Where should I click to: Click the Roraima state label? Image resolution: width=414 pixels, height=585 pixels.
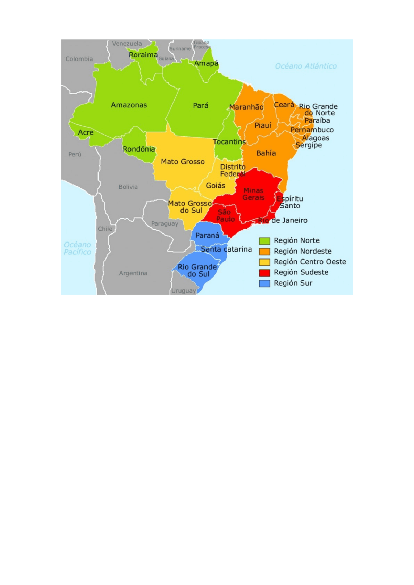143,55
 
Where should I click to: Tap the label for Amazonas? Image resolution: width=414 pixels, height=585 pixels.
129,105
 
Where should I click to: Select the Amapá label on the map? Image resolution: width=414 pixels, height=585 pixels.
206,63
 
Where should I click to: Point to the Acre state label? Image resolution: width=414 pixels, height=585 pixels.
86,132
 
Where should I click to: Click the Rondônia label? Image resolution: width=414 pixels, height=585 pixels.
139,149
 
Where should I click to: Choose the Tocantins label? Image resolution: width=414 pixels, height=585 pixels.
229,142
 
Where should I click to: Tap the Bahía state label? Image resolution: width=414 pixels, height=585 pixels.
266,153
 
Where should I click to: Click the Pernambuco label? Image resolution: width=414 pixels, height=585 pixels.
312,130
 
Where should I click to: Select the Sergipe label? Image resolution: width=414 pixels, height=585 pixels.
308,145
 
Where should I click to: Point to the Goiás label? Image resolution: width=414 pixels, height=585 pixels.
215,185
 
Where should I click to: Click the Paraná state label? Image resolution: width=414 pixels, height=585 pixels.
207,235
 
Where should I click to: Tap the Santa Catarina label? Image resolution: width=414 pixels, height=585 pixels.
226,249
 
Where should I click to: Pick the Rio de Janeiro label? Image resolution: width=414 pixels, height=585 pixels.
283,220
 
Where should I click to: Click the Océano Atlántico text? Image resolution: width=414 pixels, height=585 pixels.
306,66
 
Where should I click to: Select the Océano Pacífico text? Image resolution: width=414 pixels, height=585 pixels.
77,248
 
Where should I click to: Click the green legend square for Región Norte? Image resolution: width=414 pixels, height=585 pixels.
264,241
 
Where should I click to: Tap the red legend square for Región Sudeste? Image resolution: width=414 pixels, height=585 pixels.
264,273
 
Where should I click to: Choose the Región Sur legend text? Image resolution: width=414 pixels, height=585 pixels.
293,283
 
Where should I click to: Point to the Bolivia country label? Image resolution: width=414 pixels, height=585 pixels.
128,187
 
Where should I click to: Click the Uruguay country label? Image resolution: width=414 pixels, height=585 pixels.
183,291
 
